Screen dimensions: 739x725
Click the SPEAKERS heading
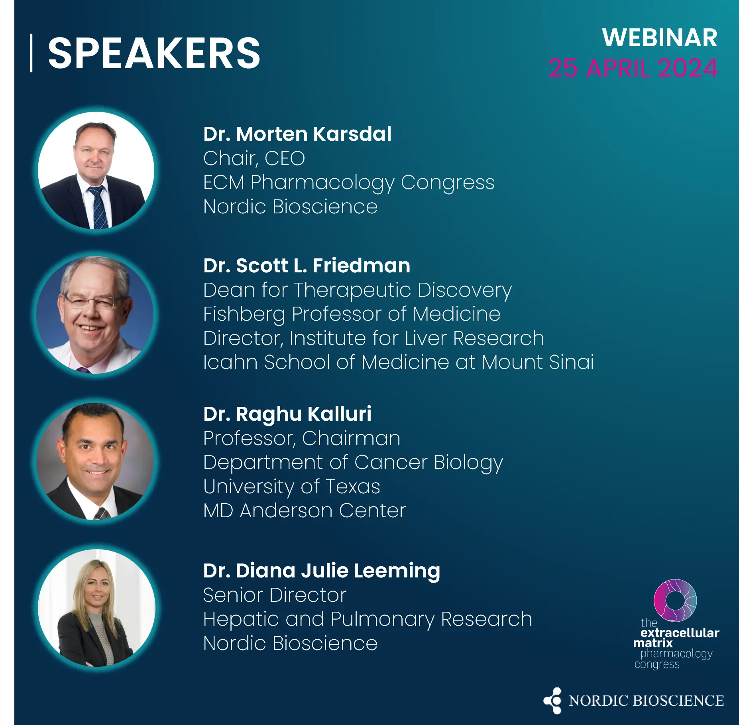tap(154, 53)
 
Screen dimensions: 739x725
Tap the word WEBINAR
tap(660, 38)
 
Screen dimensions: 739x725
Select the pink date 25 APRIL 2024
tap(633, 68)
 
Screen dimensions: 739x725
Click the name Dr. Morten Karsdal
tap(297, 134)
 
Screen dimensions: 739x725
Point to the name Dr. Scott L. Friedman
tap(307, 266)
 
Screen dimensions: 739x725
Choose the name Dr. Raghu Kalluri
tap(287, 414)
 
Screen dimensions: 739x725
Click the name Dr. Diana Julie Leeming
tap(321, 571)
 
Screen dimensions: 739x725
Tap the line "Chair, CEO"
tap(254, 158)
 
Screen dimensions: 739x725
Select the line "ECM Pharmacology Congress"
tap(349, 183)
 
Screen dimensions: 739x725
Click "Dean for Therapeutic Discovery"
tap(357, 290)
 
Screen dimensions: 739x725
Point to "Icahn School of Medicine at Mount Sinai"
tap(398, 362)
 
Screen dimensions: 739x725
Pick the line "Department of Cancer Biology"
tap(353, 463)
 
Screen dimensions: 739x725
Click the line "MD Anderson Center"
tap(304, 510)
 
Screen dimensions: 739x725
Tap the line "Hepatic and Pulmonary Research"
tap(368, 620)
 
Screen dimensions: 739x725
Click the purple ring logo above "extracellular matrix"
tap(675, 600)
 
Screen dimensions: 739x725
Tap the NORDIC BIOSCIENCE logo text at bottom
tap(646, 701)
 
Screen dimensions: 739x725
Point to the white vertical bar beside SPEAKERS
tap(31, 53)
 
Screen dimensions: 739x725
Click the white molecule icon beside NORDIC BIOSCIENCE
tap(552, 700)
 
